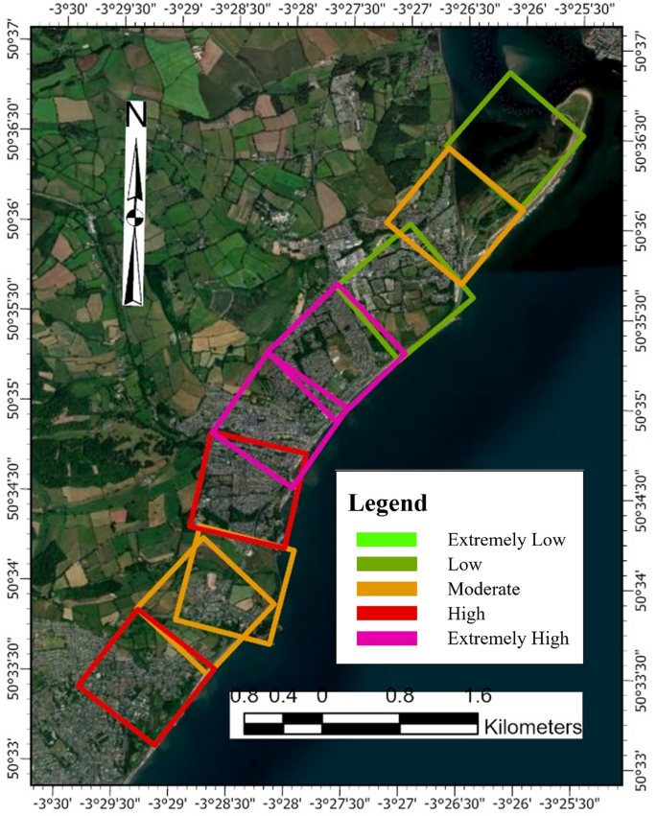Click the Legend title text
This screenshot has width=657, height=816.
click(x=387, y=502)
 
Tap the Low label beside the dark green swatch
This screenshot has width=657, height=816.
click(x=465, y=565)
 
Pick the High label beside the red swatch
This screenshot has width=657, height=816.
click(x=466, y=614)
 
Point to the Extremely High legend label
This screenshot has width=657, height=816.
click(x=508, y=639)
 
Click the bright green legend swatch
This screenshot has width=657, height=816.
click(x=386, y=540)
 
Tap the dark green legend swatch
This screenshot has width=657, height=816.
click(x=386, y=565)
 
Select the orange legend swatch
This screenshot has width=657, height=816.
click(x=386, y=589)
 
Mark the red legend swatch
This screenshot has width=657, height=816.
click(x=386, y=614)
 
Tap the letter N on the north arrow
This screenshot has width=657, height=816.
click(x=135, y=116)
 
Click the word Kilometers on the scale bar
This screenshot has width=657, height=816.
click(x=533, y=727)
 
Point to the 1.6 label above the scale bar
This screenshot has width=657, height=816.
click(x=478, y=697)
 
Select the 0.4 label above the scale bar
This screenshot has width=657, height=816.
click(x=283, y=697)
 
